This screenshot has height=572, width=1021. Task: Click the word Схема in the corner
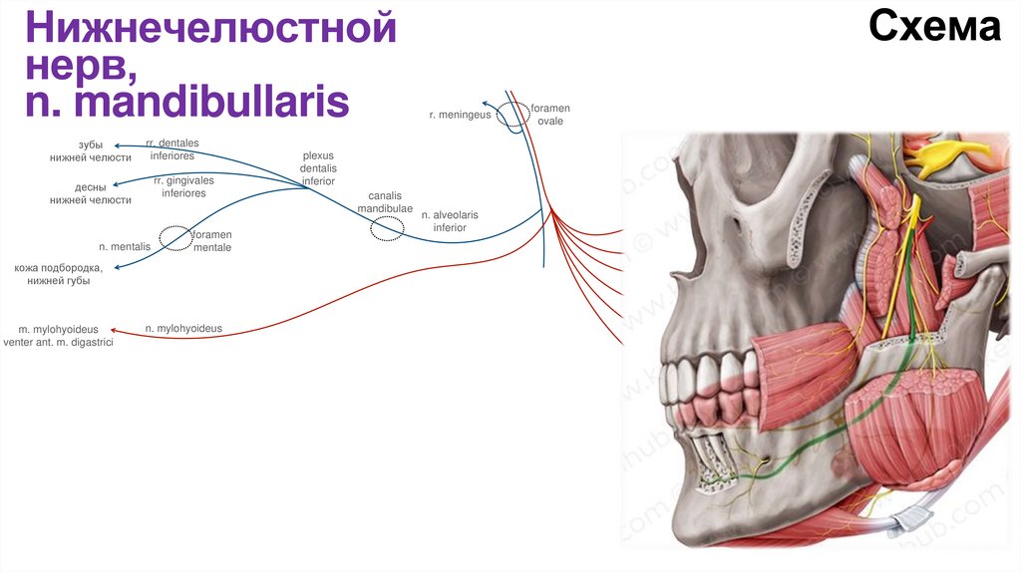(x=933, y=28)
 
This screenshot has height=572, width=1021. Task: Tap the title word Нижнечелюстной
(x=211, y=29)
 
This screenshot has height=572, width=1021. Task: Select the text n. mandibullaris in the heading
(x=187, y=102)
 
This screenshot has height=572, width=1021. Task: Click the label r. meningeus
(x=460, y=116)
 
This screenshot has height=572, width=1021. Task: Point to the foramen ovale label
(x=550, y=114)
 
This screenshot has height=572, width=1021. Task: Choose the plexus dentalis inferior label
(x=318, y=168)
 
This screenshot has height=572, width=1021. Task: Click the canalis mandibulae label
(x=384, y=202)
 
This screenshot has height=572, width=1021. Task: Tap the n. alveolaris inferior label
(x=450, y=221)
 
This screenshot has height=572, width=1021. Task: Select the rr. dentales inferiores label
(x=171, y=149)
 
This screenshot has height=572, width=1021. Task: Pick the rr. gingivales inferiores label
(x=183, y=186)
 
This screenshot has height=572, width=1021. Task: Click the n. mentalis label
(x=125, y=245)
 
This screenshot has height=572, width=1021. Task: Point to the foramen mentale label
(x=212, y=240)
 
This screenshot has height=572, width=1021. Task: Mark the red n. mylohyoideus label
(x=183, y=327)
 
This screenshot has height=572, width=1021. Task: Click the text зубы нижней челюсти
(x=91, y=151)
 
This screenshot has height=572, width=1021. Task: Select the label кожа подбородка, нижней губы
(x=59, y=274)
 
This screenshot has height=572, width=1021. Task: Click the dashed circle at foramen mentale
(x=176, y=237)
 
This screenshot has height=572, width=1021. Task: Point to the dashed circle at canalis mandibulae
(x=387, y=229)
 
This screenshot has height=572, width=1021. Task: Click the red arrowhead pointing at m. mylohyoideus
(x=113, y=330)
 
